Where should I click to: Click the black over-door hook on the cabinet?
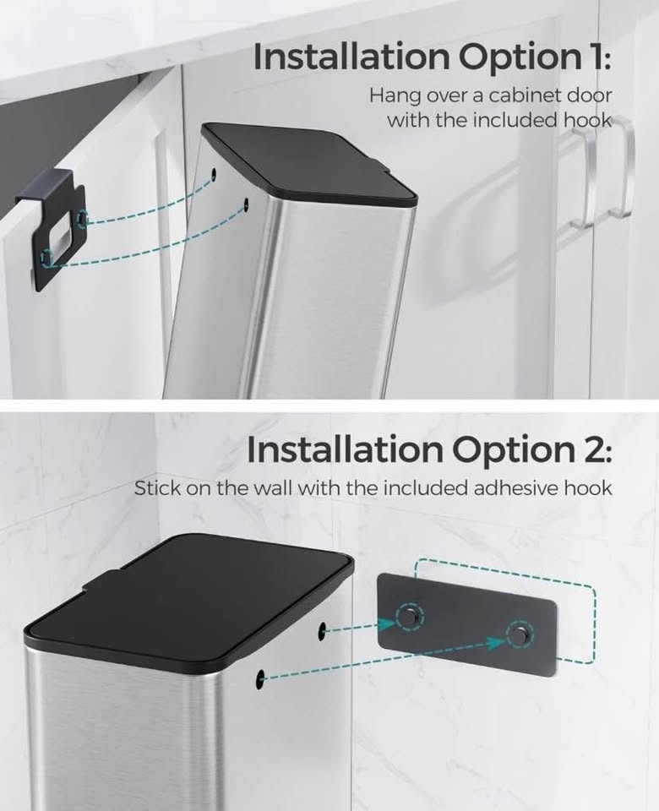[52, 227]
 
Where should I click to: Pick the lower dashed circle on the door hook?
[47, 257]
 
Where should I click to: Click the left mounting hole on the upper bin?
[214, 172]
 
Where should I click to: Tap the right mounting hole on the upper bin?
[246, 204]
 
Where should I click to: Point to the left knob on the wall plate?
[410, 616]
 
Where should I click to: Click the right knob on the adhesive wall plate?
[517, 634]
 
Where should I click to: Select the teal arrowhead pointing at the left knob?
[387, 625]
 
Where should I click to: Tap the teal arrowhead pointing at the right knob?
[497, 643]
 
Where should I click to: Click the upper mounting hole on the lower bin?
[322, 629]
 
